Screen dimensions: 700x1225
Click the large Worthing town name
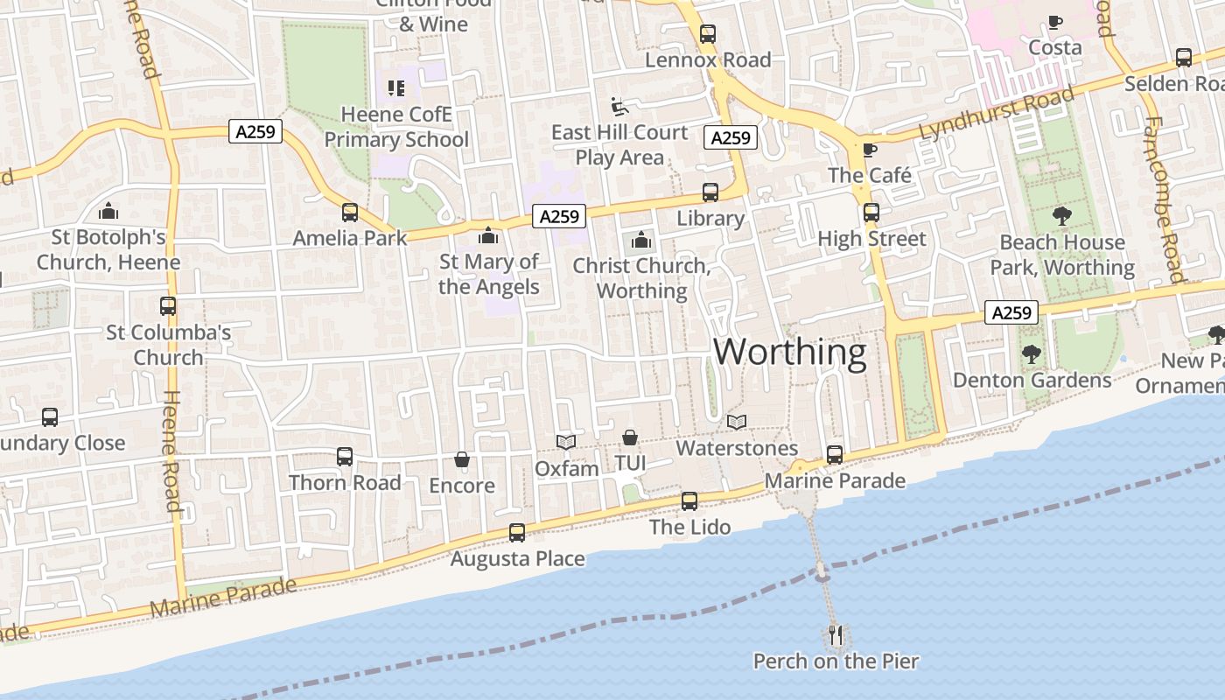pos(789,352)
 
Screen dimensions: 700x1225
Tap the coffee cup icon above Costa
pos(1055,23)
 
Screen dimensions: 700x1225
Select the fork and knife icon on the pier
pos(836,633)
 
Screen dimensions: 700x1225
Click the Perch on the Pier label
pos(836,661)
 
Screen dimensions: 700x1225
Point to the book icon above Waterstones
pos(737,423)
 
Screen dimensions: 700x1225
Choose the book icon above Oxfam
pos(566,443)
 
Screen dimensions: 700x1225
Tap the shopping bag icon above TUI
pos(629,437)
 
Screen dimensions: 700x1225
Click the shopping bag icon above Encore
pos(462,460)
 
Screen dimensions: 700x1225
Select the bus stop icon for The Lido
pos(689,501)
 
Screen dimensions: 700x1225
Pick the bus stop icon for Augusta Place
pos(517,533)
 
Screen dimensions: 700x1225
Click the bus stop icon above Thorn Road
pos(345,457)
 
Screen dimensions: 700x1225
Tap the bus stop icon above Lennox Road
pos(708,35)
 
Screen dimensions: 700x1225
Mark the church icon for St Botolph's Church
pos(108,212)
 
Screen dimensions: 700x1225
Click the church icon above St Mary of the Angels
pos(488,236)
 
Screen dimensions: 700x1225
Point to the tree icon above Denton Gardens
pos(1032,354)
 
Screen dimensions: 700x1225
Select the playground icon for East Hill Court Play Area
pos(619,107)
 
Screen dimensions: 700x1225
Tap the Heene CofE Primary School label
pos(397,127)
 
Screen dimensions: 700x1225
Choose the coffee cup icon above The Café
pos(869,150)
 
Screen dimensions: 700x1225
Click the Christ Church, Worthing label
pos(641,278)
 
